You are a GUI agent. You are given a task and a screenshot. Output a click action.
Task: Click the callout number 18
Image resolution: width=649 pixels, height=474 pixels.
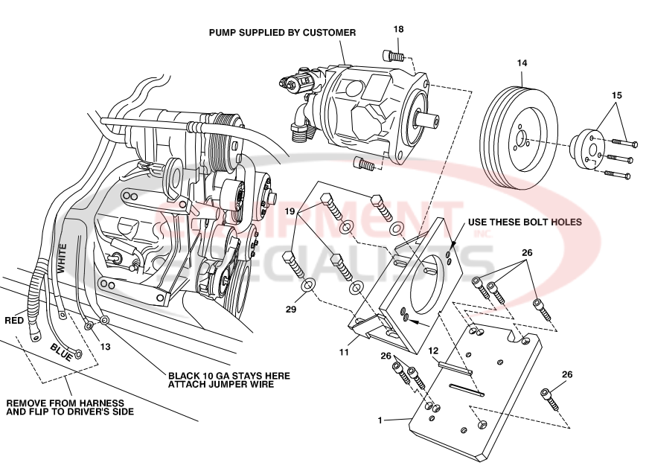coord(399,29)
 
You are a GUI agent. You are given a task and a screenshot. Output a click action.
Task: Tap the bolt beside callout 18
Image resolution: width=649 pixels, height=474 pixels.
coord(393,55)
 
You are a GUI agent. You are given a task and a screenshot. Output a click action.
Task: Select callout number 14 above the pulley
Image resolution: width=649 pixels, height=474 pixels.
coord(522,64)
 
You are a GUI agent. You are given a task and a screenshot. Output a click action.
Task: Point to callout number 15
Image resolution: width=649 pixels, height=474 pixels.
coord(616,96)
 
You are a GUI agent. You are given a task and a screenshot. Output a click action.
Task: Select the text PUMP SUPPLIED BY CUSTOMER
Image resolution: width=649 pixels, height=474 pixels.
coord(282,33)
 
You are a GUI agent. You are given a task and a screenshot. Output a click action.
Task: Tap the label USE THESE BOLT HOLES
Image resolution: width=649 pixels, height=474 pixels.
coord(524,222)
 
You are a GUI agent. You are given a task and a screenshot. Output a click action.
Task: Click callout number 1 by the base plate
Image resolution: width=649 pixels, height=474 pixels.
coord(380,420)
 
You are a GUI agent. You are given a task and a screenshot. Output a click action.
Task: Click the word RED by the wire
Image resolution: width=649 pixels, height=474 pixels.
coord(15,321)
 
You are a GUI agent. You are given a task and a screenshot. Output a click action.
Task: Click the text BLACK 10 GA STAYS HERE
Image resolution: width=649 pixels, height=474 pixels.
coord(228,376)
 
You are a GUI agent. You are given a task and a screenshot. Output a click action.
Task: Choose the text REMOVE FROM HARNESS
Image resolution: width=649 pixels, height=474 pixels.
coord(56,404)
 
